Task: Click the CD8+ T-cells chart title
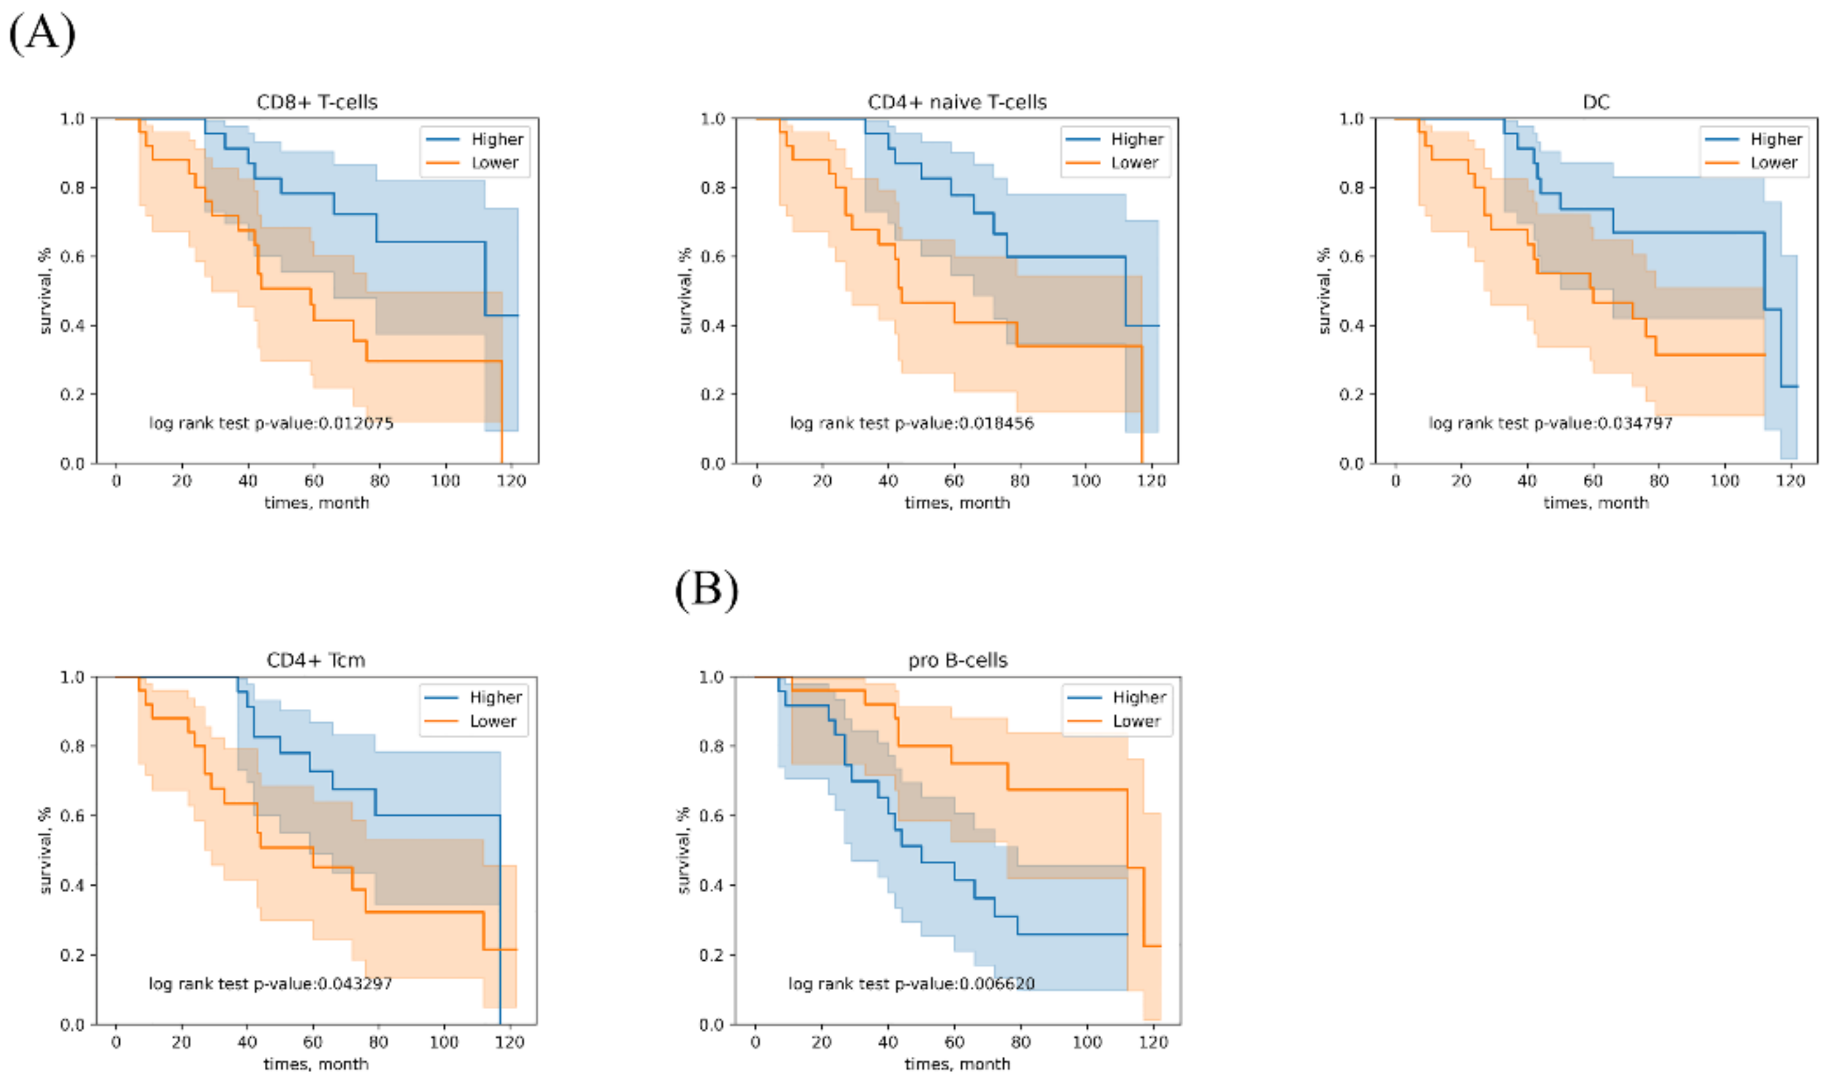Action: (x=317, y=102)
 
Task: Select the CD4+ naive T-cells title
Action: (x=956, y=102)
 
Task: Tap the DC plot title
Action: (x=1596, y=102)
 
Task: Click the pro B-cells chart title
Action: (x=957, y=661)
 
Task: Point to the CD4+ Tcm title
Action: (x=316, y=661)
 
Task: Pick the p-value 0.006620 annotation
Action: (x=911, y=983)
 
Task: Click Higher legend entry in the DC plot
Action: (x=1775, y=139)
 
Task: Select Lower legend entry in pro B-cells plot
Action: (x=1135, y=721)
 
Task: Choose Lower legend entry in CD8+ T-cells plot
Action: (x=494, y=163)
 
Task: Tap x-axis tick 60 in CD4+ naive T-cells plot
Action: (x=953, y=481)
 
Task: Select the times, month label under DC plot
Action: (x=1596, y=503)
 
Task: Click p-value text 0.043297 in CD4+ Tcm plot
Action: (x=270, y=983)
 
